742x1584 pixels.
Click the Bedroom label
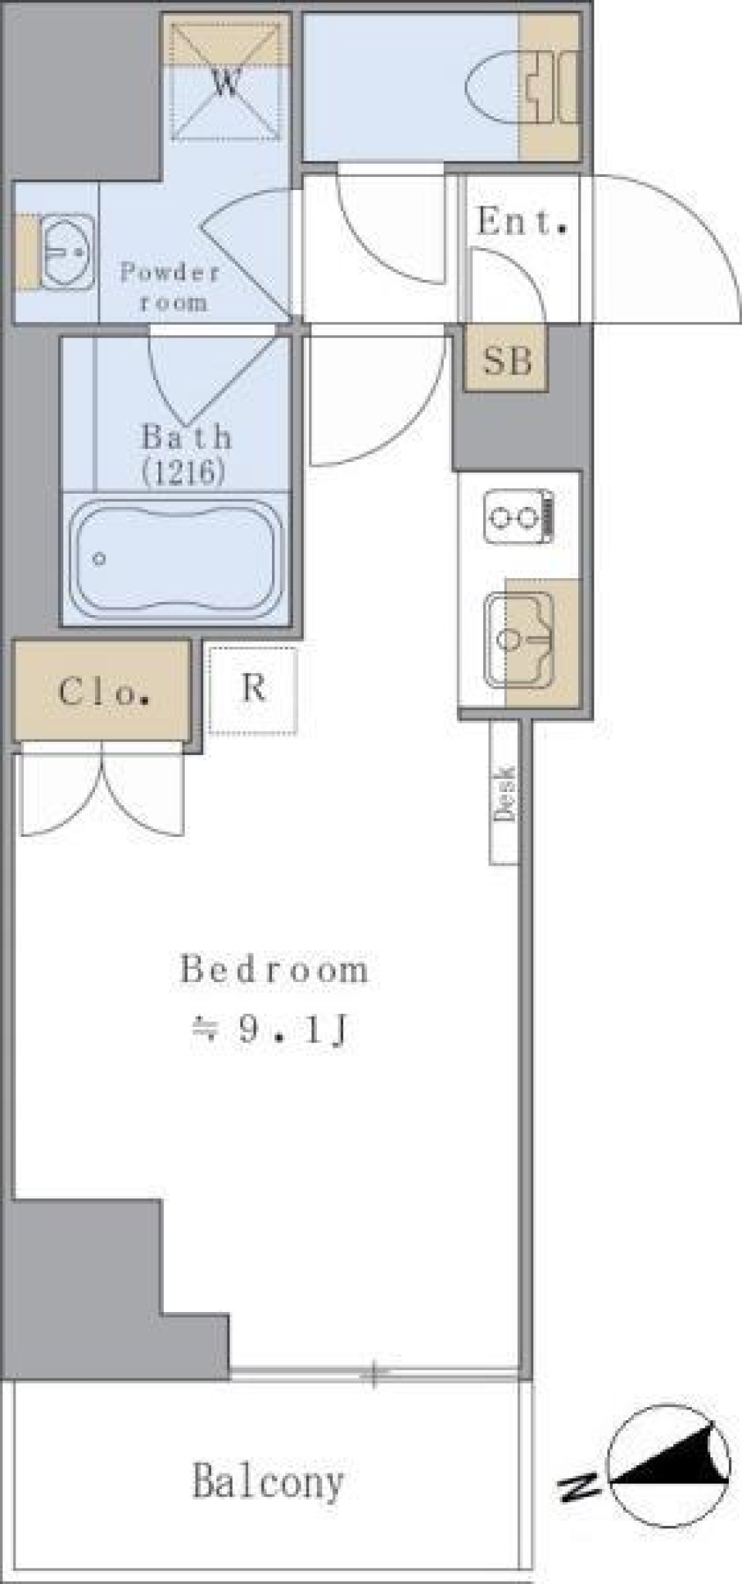click(274, 970)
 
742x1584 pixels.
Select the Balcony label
click(267, 1482)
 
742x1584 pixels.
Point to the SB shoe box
click(507, 360)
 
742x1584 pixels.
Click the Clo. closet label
click(102, 692)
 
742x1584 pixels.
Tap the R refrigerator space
click(253, 689)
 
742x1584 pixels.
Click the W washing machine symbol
click(226, 83)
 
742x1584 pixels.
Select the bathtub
click(175, 558)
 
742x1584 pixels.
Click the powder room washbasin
click(66, 251)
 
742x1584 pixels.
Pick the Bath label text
click(185, 437)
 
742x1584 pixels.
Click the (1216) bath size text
click(184, 471)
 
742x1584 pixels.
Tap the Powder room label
click(170, 286)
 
